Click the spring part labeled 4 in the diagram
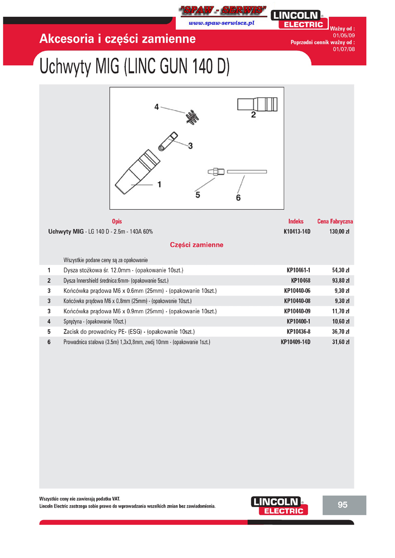[192, 116]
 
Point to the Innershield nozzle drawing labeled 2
[257, 105]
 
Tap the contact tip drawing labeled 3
[167, 142]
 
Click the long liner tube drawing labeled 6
[246, 172]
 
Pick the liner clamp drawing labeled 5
[216, 172]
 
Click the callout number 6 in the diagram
[238, 198]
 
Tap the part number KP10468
[300, 280]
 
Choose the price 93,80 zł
[341, 280]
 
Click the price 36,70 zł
[341, 331]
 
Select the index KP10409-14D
[296, 341]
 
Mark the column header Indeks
[296, 222]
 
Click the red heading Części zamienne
[197, 245]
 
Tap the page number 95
[343, 505]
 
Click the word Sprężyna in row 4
[74, 321]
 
